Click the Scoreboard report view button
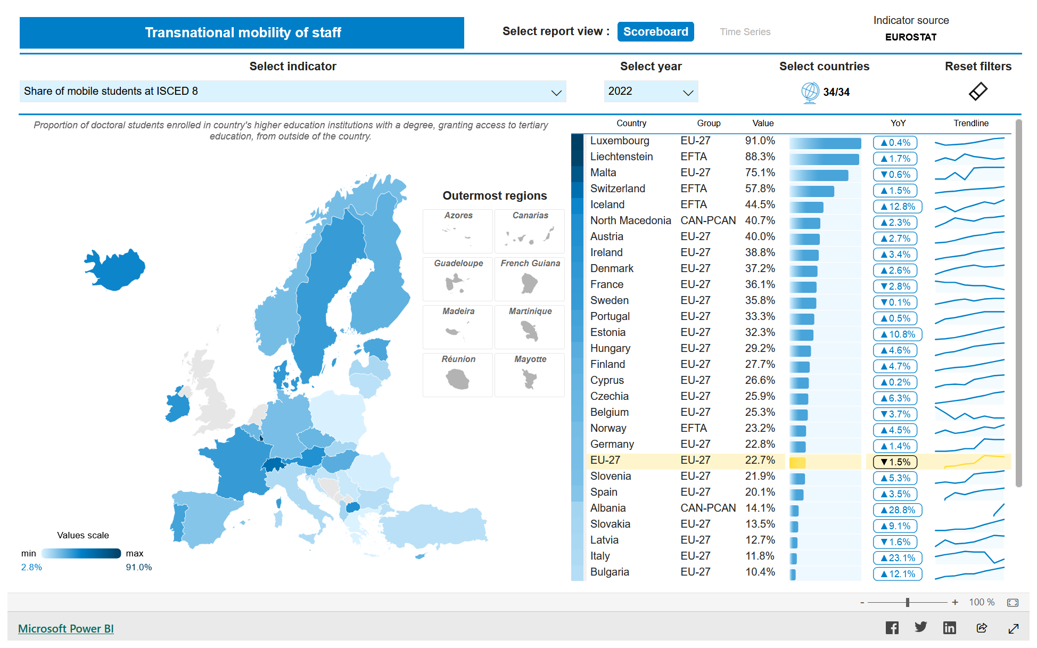coord(655,32)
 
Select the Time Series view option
coord(745,32)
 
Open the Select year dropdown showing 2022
coord(651,92)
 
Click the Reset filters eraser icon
coord(978,92)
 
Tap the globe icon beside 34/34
coord(810,93)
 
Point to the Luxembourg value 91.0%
coord(760,141)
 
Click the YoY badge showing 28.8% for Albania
coord(898,510)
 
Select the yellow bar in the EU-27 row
coord(797,463)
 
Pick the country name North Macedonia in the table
coord(630,221)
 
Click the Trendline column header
coord(971,124)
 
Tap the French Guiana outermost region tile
coord(530,280)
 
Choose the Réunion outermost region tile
coord(458,375)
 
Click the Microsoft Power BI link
coord(66,629)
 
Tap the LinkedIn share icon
coord(949,628)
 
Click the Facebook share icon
coord(892,628)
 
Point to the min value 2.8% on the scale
coord(31,568)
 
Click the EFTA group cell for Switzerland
coord(694,189)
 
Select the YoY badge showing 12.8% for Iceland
coord(898,207)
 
